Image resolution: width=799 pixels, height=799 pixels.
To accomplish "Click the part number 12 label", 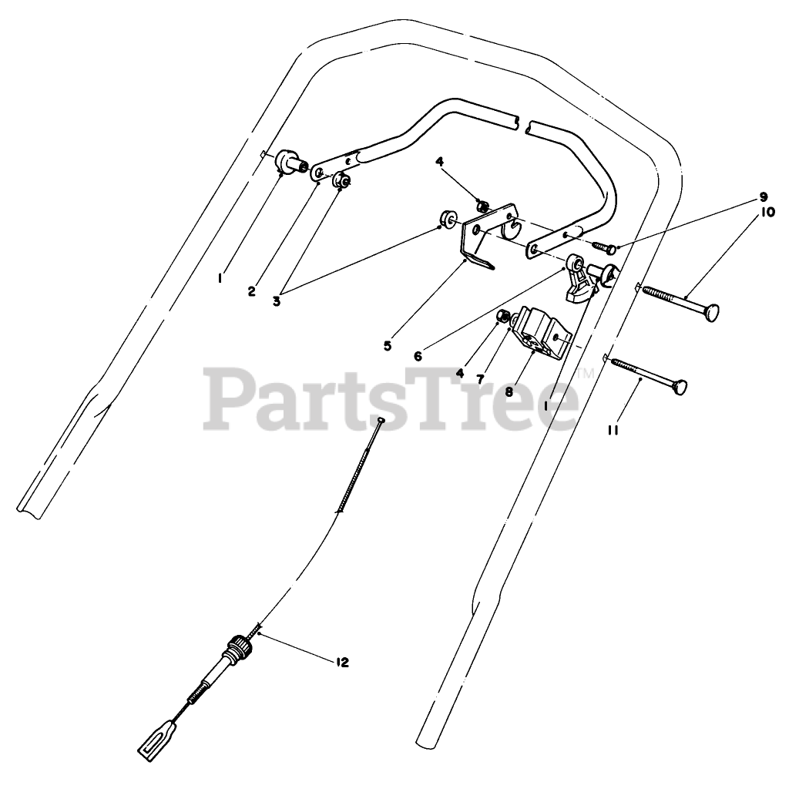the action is [x=342, y=662].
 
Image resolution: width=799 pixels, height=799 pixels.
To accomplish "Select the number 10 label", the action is [x=767, y=211].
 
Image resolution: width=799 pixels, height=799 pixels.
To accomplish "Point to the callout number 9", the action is [x=763, y=196].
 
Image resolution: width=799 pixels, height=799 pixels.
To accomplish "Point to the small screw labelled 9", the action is [x=604, y=247].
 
